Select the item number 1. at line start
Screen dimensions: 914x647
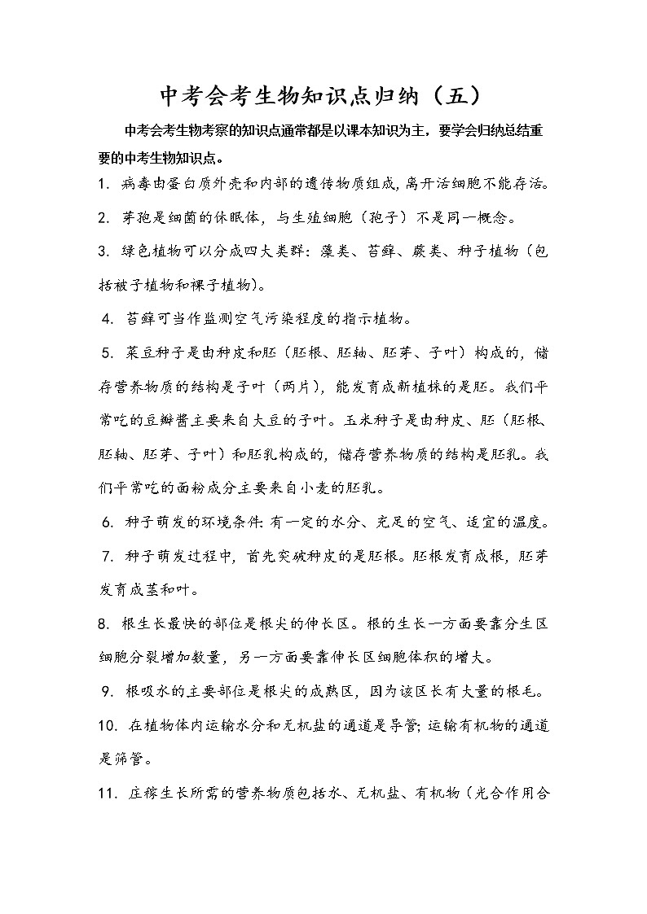[103, 185]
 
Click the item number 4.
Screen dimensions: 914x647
[107, 317]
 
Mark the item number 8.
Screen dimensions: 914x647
[103, 623]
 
